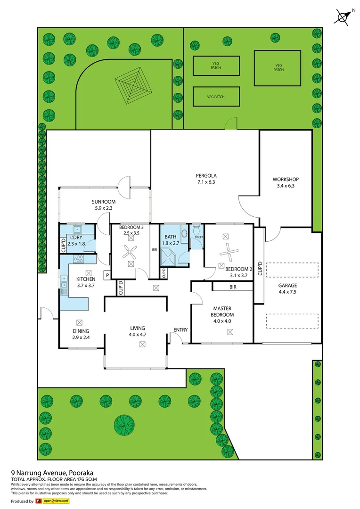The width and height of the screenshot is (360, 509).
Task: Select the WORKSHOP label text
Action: (x=286, y=180)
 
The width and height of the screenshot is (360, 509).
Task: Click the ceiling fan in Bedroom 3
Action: (x=130, y=253)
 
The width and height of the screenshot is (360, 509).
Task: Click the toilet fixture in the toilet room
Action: (x=197, y=230)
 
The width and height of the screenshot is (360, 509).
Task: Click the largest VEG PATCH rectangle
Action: (x=278, y=68)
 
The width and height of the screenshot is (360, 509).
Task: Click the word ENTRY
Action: (x=180, y=329)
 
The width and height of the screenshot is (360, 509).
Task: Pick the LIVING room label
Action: (x=138, y=328)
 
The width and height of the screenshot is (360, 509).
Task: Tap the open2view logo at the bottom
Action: (x=50, y=501)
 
